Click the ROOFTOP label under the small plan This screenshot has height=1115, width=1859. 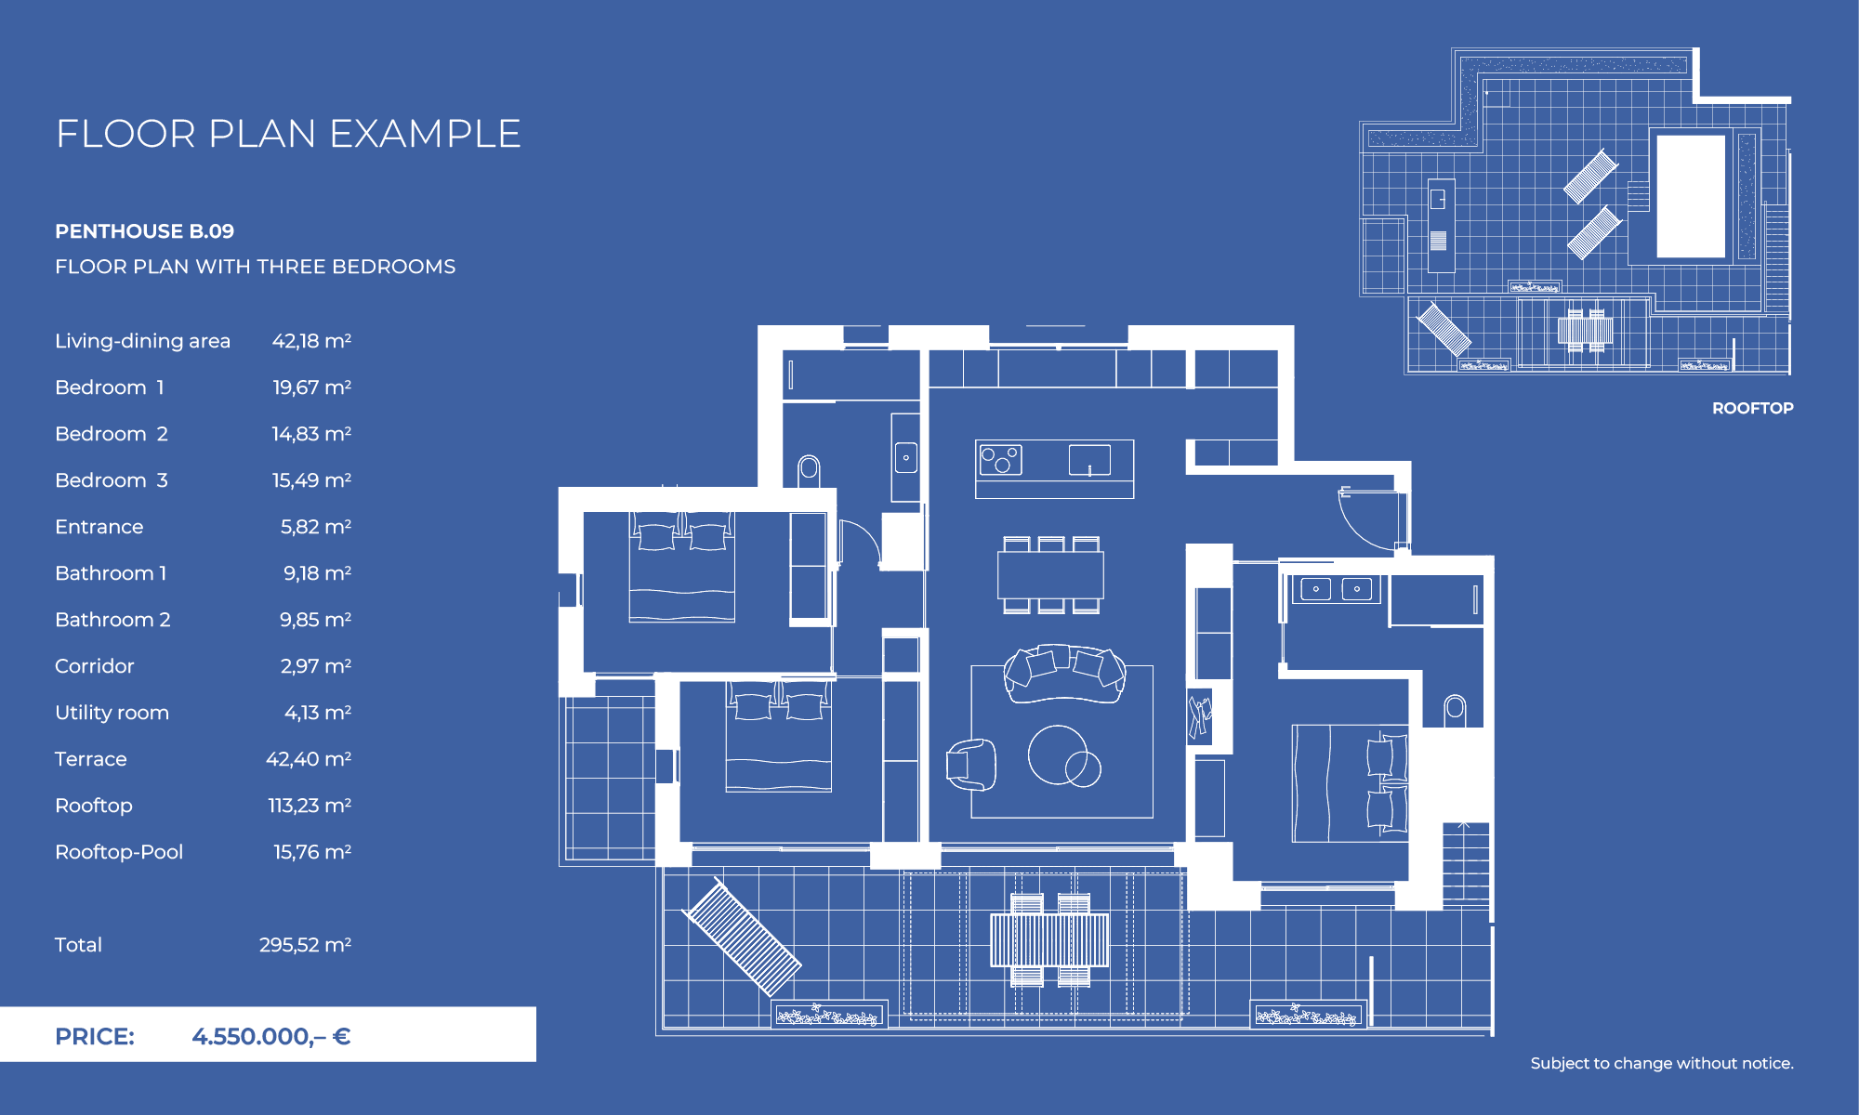(1752, 408)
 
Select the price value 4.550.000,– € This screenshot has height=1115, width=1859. (270, 1036)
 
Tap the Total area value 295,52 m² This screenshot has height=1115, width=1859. (305, 945)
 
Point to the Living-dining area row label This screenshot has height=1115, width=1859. (142, 341)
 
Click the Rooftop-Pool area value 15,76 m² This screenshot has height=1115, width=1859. (311, 852)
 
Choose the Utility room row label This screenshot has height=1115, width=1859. (112, 713)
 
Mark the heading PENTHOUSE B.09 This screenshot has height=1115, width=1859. (144, 231)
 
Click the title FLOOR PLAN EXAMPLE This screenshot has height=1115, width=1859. (288, 134)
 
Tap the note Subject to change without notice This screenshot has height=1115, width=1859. (1662, 1063)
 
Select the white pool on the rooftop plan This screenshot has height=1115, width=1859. (1691, 196)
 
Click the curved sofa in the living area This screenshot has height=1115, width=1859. (1064, 673)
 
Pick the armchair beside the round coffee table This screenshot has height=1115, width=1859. (970, 764)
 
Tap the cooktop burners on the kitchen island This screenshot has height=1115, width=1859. (1000, 459)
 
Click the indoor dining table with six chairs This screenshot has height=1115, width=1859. (1050, 575)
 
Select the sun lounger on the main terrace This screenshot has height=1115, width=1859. (742, 936)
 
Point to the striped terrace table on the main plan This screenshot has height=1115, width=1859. (1049, 939)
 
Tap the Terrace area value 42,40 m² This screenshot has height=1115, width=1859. (308, 759)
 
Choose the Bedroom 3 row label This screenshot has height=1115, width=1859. (112, 480)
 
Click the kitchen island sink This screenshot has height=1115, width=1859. (1089, 460)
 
